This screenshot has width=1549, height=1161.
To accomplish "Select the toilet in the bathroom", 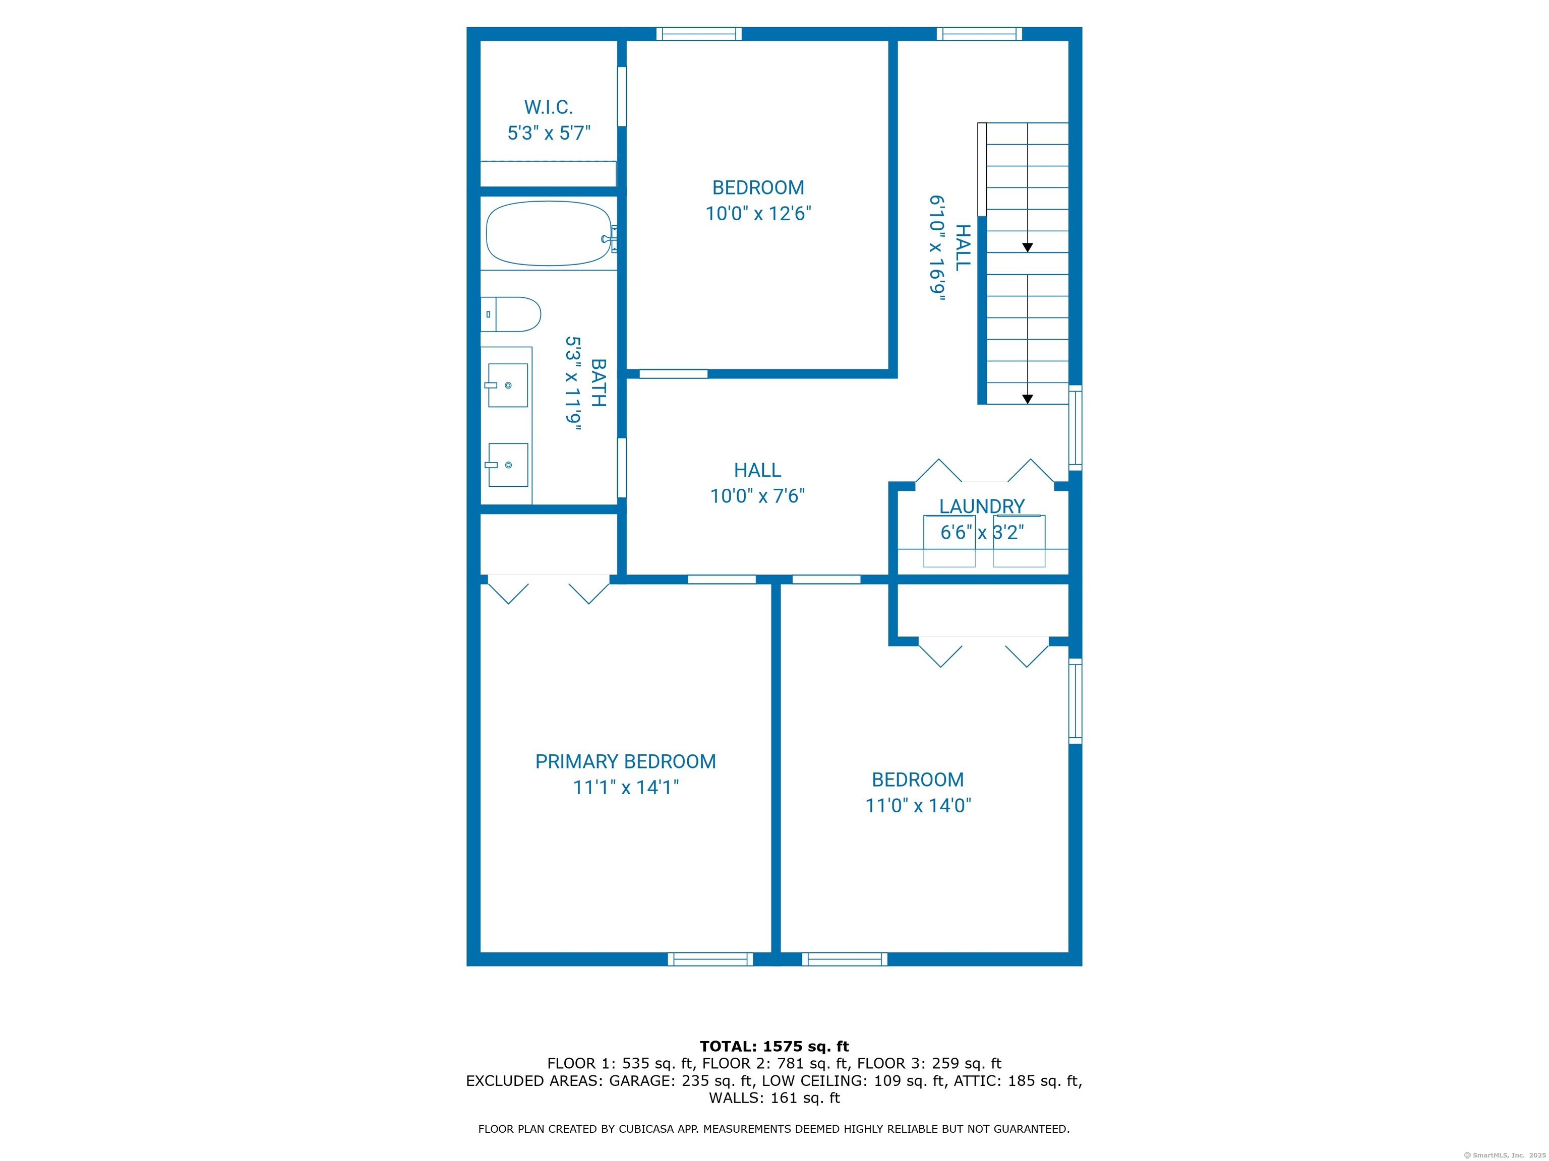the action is point(510,314).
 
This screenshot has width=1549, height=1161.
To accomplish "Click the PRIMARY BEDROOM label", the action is point(625,761).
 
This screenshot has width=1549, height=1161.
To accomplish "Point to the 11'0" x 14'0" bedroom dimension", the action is point(918,805).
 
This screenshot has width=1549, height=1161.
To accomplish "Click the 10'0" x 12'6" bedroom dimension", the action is point(758,214).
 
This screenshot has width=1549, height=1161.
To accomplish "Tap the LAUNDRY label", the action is point(982,506).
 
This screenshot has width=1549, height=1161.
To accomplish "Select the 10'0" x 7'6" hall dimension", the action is point(758,496).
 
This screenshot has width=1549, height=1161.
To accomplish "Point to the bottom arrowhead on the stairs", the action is point(1027,399).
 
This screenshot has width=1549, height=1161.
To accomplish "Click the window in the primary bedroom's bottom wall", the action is point(710,959).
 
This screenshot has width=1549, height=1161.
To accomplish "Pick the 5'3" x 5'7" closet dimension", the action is point(549,133).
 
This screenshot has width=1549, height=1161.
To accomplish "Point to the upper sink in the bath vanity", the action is point(507,385).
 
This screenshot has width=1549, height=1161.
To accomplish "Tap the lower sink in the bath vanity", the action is point(507,465).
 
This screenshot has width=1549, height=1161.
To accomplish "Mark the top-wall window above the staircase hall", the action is point(979,34).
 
